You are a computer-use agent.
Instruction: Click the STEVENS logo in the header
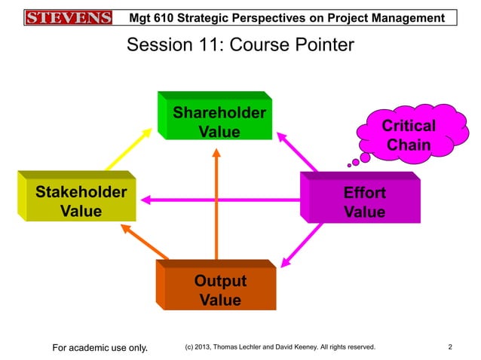click(x=69, y=17)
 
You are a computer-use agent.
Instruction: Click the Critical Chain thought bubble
click(x=408, y=135)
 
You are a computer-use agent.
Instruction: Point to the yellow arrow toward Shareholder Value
click(x=127, y=148)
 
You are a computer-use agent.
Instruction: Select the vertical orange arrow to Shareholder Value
click(x=217, y=203)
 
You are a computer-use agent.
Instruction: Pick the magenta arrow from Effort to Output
click(x=301, y=245)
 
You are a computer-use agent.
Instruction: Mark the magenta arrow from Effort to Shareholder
click(x=298, y=153)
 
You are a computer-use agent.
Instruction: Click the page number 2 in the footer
click(x=449, y=347)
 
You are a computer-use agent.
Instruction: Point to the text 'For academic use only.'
click(x=100, y=347)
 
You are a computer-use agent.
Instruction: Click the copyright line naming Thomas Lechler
click(x=280, y=347)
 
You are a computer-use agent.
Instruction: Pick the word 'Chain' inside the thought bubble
click(x=408, y=145)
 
